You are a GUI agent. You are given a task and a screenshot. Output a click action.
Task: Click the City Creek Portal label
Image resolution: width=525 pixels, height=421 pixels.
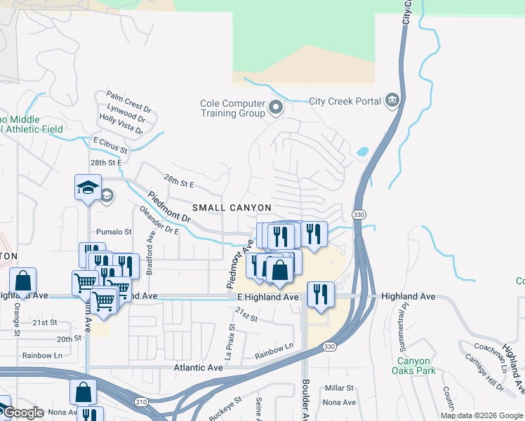tap(345, 101)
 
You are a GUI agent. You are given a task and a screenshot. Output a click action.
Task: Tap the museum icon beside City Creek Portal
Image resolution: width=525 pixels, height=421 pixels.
tap(392, 101)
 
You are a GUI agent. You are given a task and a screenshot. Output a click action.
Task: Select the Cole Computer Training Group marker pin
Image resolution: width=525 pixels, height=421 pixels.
tap(276, 108)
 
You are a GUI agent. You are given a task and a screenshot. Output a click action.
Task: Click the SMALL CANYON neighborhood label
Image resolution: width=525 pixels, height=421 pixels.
tap(232, 208)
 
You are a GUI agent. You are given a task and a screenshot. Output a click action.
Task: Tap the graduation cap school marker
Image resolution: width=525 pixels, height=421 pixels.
tap(88, 188)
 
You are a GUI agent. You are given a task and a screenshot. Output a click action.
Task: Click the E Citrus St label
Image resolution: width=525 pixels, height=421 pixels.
tap(110, 145)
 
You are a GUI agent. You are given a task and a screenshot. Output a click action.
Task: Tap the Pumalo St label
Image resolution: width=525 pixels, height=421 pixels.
tap(114, 232)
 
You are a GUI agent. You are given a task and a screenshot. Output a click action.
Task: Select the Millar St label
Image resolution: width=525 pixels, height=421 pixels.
tap(339, 388)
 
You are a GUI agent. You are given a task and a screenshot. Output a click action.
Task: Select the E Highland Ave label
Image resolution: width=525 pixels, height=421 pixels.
tap(267, 298)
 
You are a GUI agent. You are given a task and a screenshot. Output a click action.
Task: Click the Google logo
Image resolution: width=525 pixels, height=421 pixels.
tap(23, 413)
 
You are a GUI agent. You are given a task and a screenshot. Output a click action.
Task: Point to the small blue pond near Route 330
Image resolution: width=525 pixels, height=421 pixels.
tap(362, 151)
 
